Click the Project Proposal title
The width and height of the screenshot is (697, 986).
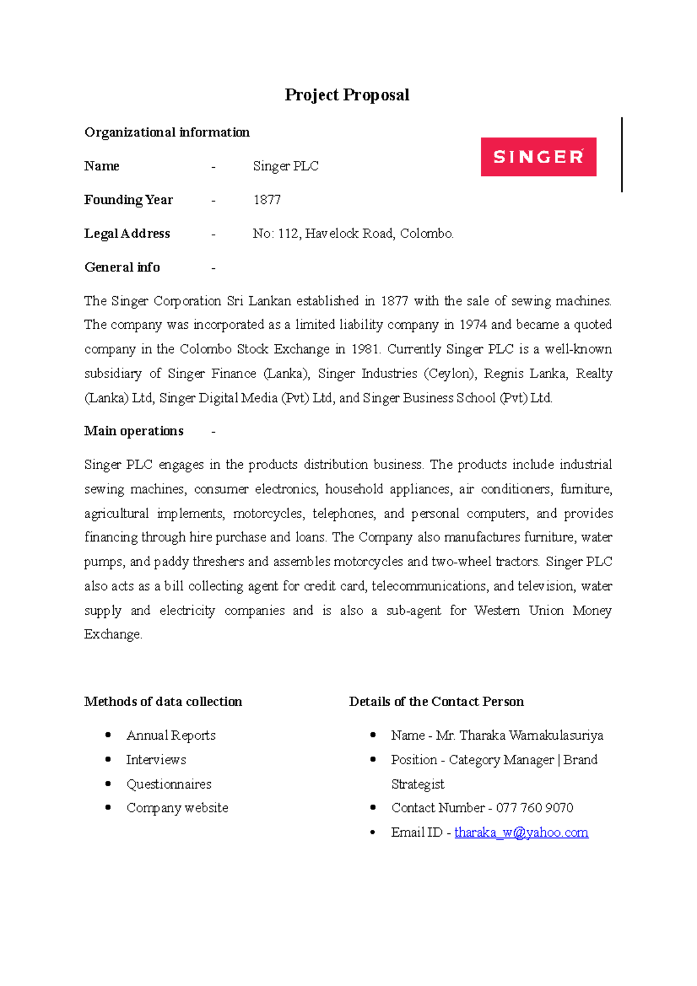(347, 95)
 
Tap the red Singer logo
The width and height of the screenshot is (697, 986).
(538, 156)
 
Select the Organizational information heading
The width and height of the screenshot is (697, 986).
(167, 132)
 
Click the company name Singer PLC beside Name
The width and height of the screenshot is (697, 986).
(285, 166)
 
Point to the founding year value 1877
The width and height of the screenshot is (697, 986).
(267, 200)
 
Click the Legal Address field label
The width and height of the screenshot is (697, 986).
(127, 233)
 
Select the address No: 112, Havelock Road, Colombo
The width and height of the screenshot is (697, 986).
(353, 233)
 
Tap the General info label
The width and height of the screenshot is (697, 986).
(122, 267)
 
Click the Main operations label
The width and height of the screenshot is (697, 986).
(134, 431)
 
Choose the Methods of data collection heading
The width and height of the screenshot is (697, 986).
(163, 701)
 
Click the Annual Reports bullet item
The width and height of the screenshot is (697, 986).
(171, 735)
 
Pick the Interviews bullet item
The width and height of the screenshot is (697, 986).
(156, 760)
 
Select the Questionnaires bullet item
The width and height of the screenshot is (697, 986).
(168, 784)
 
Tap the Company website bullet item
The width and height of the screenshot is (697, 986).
(177, 808)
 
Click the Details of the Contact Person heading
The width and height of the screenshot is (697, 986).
(436, 701)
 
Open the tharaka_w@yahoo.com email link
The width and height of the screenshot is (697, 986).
(521, 832)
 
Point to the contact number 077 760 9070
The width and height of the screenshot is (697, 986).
(534, 808)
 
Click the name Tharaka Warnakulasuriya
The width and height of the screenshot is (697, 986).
(531, 735)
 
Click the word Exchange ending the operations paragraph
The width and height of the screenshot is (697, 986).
(112, 634)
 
